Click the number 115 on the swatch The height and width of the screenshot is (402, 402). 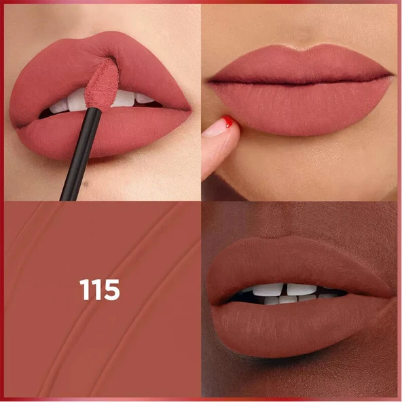pyautogui.click(x=100, y=290)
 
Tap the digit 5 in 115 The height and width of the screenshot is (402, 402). pyautogui.click(x=111, y=290)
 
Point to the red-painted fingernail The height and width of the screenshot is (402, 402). pyautogui.click(x=228, y=123)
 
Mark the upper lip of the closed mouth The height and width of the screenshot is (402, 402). pyautogui.click(x=299, y=65)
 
